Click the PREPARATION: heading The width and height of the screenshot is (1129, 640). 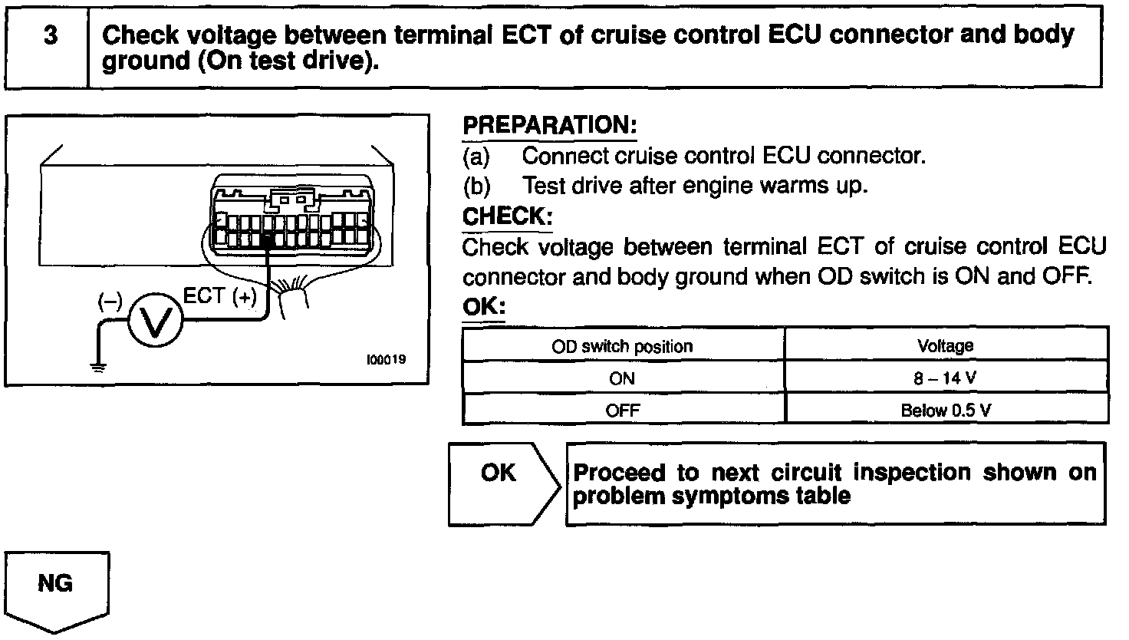pyautogui.click(x=549, y=126)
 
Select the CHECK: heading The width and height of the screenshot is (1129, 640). pyautogui.click(x=507, y=216)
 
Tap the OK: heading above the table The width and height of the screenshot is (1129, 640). pyautogui.click(x=485, y=307)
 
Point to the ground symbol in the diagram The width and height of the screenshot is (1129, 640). pyautogui.click(x=98, y=365)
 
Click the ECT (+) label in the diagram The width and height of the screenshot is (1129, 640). pyautogui.click(x=220, y=297)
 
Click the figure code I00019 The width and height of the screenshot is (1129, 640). pyautogui.click(x=386, y=359)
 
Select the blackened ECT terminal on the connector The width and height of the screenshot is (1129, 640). pyautogui.click(x=268, y=240)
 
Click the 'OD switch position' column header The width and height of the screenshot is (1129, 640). pyautogui.click(x=622, y=346)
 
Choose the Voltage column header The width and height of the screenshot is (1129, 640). pyautogui.click(x=945, y=346)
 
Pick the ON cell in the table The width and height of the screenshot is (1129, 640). pyautogui.click(x=622, y=378)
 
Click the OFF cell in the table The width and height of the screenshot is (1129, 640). pyautogui.click(x=622, y=410)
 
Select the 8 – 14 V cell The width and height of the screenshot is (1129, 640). pyautogui.click(x=945, y=378)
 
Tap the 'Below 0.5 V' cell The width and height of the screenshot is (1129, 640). pyautogui.click(x=945, y=410)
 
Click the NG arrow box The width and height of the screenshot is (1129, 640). pyautogui.click(x=57, y=589)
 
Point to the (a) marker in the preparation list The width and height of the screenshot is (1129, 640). pyautogui.click(x=476, y=157)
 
